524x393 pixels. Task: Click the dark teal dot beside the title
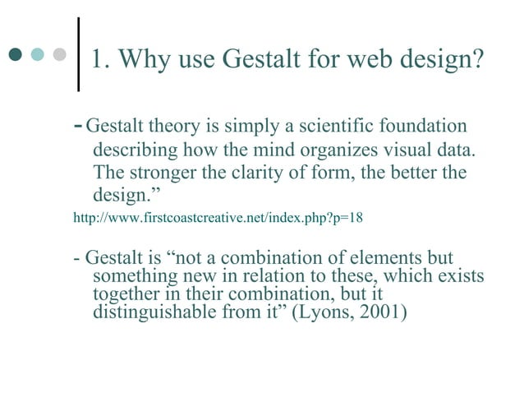pyautogui.click(x=16, y=56)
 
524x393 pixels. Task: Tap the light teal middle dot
pyautogui.click(x=37, y=56)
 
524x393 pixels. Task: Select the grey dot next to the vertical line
pyautogui.click(x=58, y=56)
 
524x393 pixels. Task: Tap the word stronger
pyautogui.click(x=164, y=174)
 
